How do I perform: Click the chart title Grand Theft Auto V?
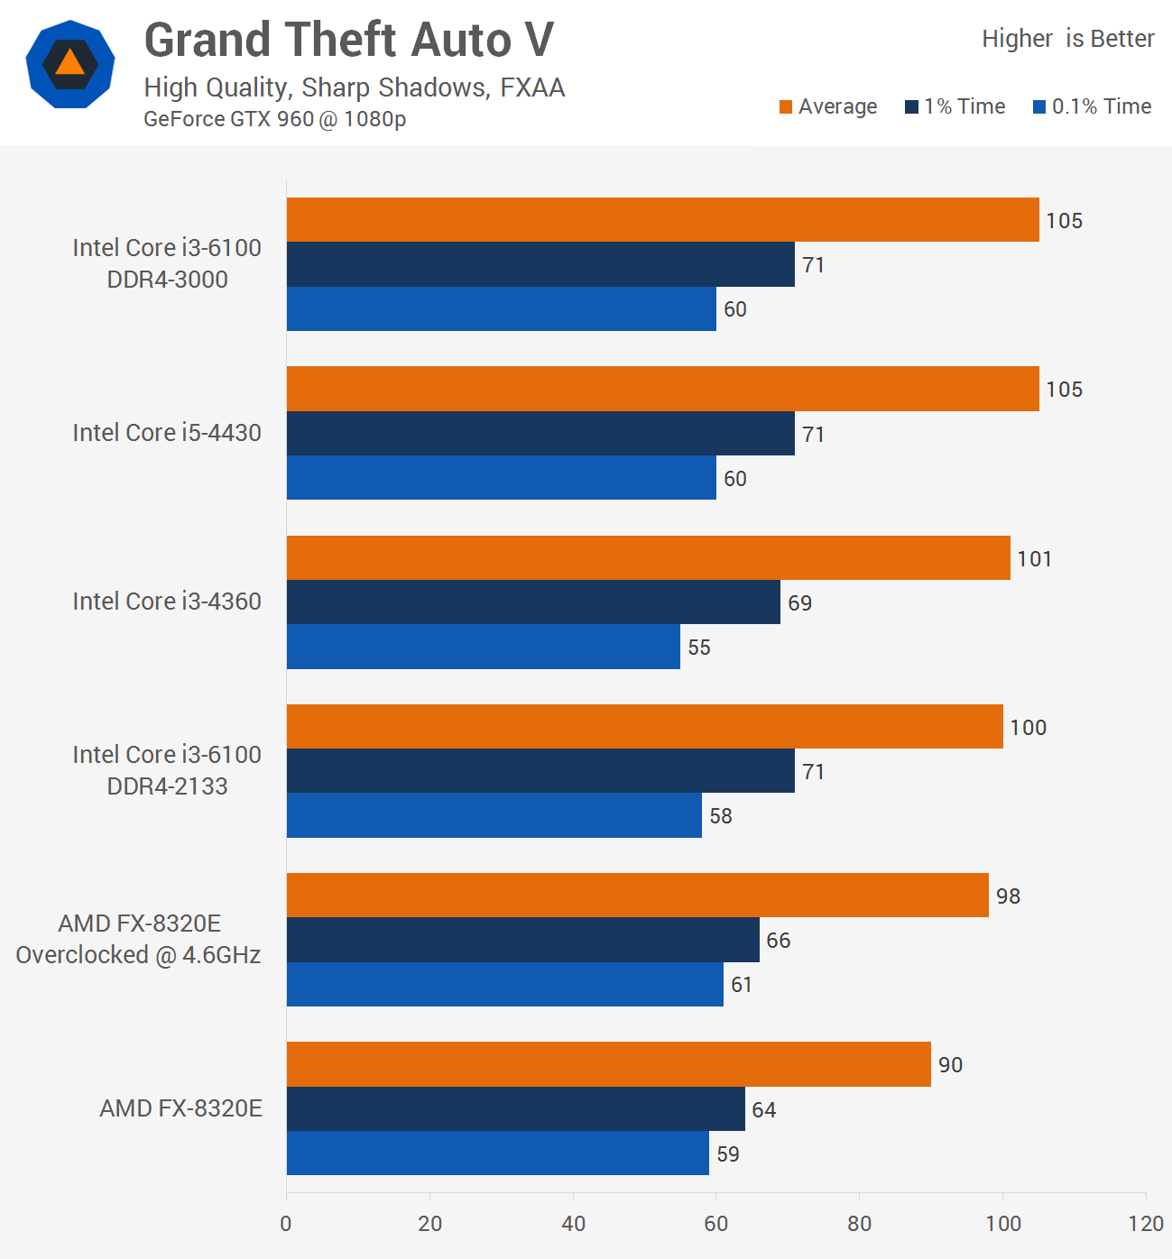348,41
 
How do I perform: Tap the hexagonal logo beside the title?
70,64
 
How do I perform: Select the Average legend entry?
828,106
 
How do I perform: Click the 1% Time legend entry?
955,106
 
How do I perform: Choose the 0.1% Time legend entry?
1093,106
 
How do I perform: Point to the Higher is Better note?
1067,39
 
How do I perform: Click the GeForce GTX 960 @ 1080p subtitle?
274,119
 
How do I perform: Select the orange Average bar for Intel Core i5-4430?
662,389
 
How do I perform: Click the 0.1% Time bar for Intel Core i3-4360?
483,647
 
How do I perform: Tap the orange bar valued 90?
608,1064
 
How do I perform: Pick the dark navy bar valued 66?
522,940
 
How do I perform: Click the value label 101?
1034,559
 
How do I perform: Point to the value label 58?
720,816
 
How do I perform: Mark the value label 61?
742,985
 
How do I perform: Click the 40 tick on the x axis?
573,1224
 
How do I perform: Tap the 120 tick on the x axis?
1146,1224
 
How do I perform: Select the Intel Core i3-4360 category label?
167,602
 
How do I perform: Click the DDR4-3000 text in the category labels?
167,280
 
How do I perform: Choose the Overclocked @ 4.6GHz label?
138,955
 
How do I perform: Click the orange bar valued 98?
637,896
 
